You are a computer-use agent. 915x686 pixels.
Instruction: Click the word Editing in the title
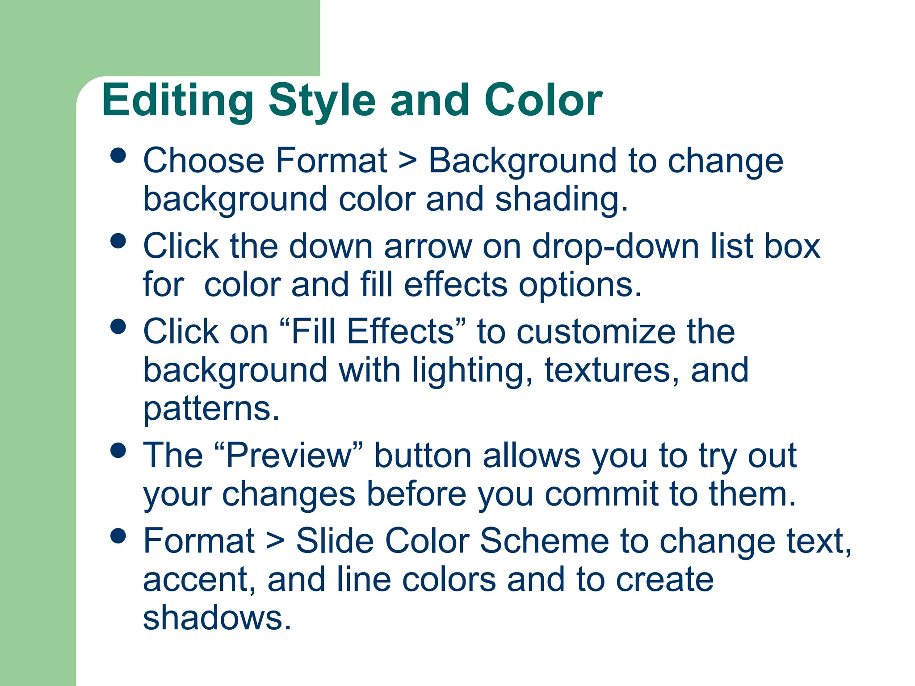pyautogui.click(x=177, y=101)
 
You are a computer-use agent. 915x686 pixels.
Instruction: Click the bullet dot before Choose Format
pyautogui.click(x=118, y=156)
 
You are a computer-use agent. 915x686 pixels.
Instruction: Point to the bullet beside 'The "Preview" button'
pyautogui.click(x=118, y=450)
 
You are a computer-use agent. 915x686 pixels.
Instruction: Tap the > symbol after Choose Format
pyautogui.click(x=407, y=161)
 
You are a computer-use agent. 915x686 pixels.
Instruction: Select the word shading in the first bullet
pyautogui.click(x=561, y=199)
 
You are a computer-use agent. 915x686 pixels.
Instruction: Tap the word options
pyautogui.click(x=579, y=285)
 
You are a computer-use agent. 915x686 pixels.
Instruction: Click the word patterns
pyautogui.click(x=211, y=409)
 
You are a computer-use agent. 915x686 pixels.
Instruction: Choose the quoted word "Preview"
pyautogui.click(x=288, y=456)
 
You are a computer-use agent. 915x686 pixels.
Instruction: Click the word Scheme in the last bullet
pyautogui.click(x=544, y=541)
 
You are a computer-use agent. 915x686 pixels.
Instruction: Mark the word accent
pyautogui.click(x=199, y=580)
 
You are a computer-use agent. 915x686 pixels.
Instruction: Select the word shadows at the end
pyautogui.click(x=217, y=618)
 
